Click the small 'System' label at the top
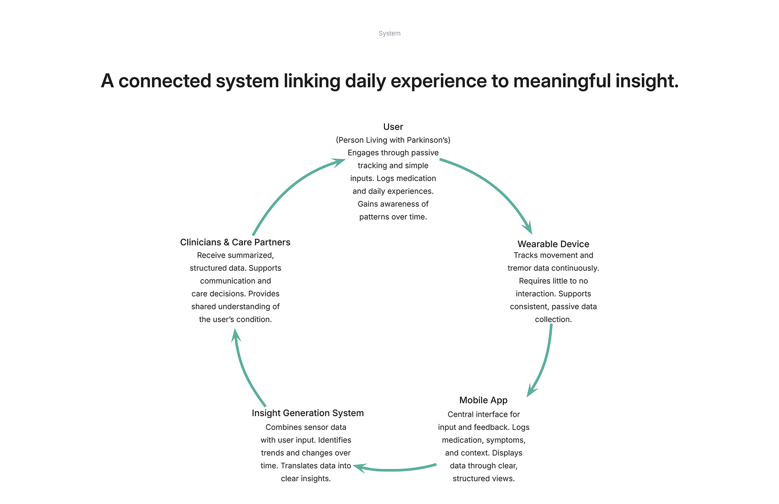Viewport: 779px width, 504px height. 389,33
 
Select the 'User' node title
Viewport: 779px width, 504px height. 393,127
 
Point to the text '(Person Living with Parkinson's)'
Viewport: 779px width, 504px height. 393,140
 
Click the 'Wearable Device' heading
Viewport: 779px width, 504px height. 553,244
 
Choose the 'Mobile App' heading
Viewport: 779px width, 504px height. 483,401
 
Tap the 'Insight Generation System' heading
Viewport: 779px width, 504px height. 308,413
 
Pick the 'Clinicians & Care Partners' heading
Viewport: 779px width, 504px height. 235,242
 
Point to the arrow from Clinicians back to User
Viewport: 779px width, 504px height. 290,186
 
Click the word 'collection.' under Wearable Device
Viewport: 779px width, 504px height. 553,320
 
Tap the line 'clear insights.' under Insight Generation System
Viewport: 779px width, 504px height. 306,478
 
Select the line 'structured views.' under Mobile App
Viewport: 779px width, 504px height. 483,478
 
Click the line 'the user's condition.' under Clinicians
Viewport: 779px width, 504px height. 235,320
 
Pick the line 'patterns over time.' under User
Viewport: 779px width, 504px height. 393,217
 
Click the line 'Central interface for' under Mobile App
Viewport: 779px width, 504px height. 483,414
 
